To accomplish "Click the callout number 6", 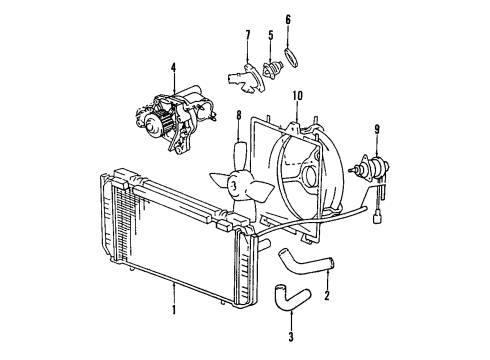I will [x=287, y=19].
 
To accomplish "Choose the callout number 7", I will [x=247, y=37].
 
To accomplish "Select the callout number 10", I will [x=297, y=96].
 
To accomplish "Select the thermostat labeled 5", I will [x=269, y=73].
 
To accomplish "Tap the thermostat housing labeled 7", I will [x=239, y=75].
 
